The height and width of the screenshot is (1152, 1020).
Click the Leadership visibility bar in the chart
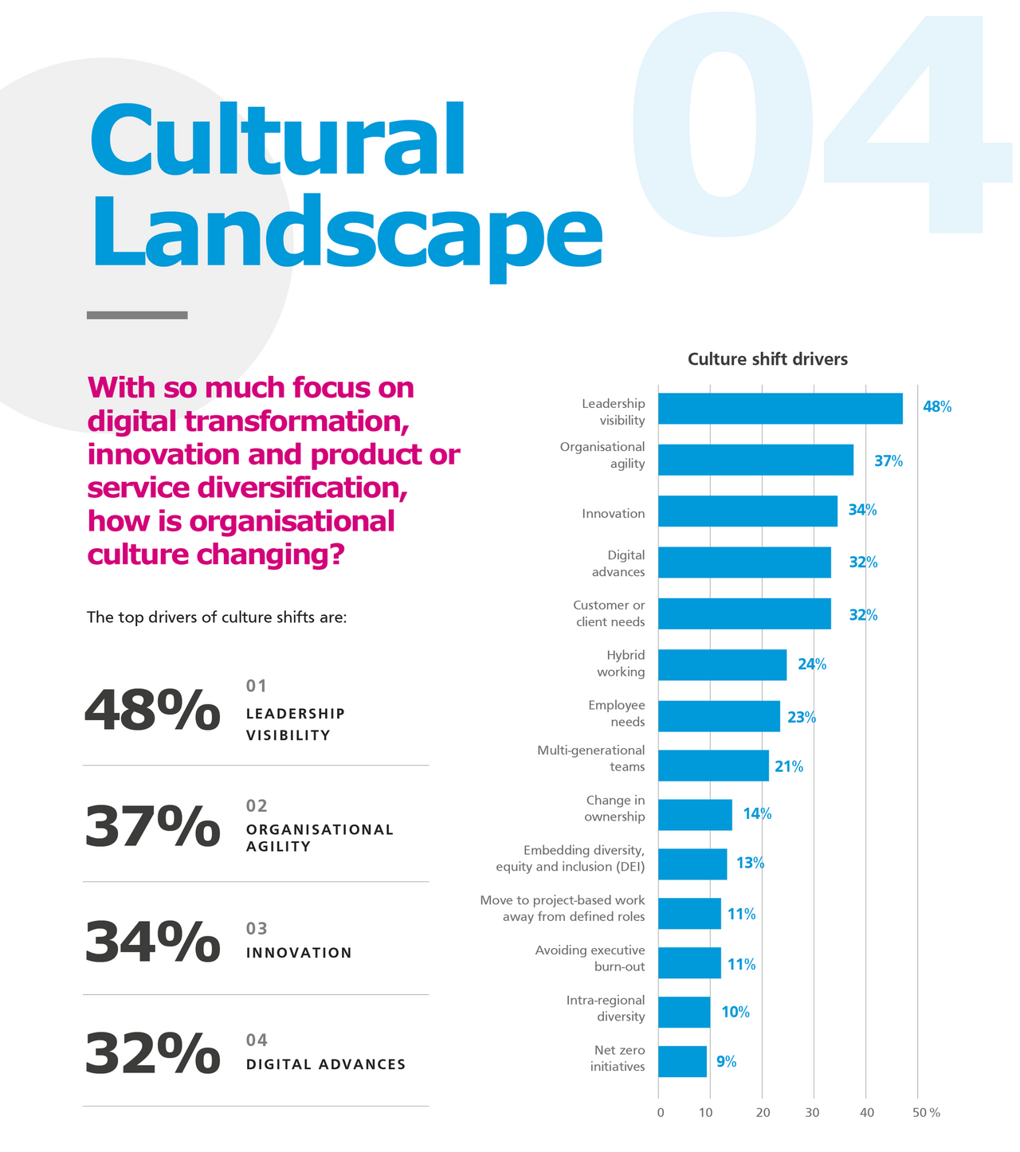coord(780,409)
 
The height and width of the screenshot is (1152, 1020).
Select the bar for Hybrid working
coord(722,664)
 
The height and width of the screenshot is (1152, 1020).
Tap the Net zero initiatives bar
coord(682,1061)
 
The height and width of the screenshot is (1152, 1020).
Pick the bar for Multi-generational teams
coord(713,766)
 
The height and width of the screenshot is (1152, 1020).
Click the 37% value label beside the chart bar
coord(889,460)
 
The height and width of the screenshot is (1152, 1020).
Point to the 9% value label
coord(726,1061)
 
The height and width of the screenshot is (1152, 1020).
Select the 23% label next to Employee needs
coord(802,717)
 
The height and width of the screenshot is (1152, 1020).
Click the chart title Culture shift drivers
coord(767,359)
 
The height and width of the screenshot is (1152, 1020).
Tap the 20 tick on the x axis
coord(762,1112)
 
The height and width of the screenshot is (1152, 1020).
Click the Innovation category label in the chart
coord(613,513)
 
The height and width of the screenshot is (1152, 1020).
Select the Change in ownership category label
coord(614,808)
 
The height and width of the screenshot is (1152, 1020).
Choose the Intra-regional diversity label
coord(606,1008)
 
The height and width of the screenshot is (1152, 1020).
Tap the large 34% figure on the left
coord(151,942)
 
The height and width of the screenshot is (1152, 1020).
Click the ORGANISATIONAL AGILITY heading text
coord(320,837)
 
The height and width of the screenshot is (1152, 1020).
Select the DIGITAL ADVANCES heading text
coord(326,1064)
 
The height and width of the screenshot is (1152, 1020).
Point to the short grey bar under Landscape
coord(137,315)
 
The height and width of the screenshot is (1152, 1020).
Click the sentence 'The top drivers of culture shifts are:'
coord(217,617)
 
